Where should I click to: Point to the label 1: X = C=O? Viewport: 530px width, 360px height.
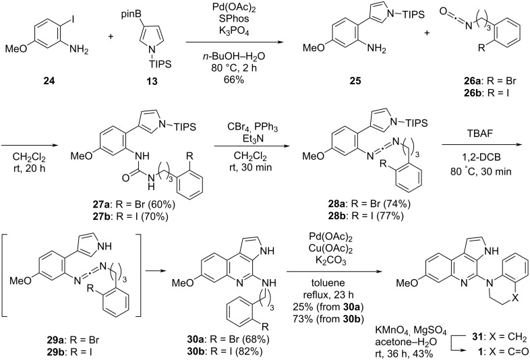pos(489,333)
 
